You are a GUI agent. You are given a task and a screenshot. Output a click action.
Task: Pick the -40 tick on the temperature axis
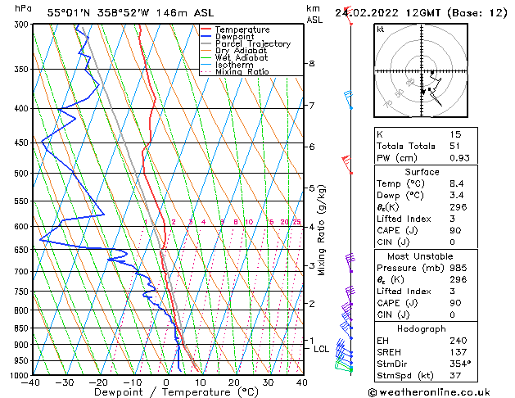point(32,382)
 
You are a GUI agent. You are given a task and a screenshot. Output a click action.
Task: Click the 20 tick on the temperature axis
point(234,382)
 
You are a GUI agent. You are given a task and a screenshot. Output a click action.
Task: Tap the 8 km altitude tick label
point(311,64)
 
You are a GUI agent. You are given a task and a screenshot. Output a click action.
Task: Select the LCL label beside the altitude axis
point(322,349)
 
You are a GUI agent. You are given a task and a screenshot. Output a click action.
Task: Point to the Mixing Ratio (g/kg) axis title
point(322,230)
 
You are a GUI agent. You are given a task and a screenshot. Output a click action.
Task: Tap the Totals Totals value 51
point(455,146)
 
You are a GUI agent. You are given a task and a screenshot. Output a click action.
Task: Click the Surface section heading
point(421,172)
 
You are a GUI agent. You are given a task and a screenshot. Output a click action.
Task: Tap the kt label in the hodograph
point(380,29)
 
